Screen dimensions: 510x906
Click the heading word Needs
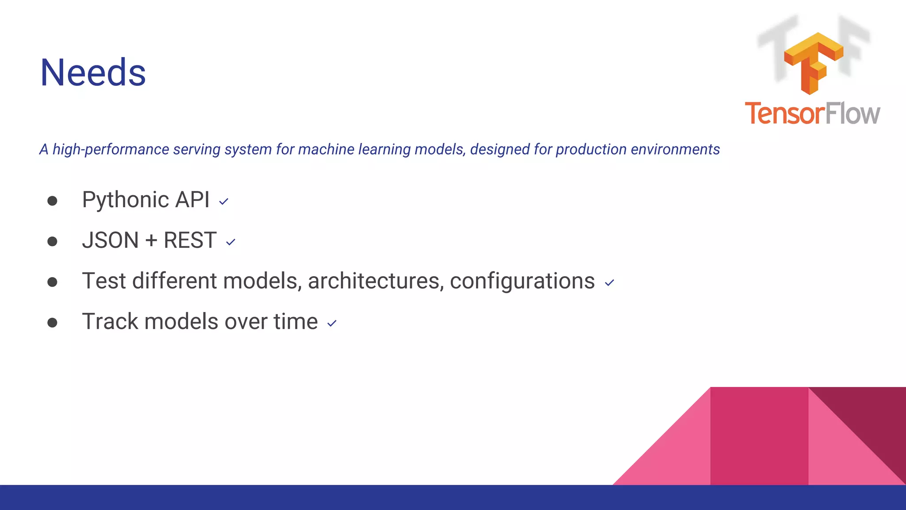93,73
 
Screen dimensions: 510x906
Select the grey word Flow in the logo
852,114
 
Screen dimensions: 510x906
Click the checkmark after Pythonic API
224,202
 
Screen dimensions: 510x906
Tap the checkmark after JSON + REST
230,242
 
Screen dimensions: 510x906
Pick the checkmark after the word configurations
609,283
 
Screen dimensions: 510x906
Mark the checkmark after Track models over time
332,324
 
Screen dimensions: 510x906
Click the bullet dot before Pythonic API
52,201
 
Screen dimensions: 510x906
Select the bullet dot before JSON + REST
52,241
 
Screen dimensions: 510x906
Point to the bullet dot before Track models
52,322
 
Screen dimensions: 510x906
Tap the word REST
190,240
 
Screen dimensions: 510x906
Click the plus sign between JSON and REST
151,241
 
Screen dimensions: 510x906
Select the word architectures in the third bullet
376,281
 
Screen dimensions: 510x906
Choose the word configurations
522,282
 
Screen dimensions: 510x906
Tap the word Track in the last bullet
110,321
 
